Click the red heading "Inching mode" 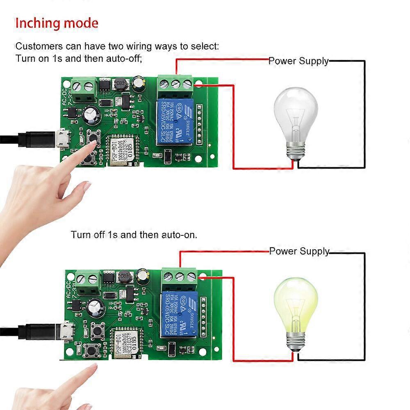click(57, 23)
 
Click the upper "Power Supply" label click(298, 61)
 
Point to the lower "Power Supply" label click(299, 251)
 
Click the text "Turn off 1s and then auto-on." click(134, 235)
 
